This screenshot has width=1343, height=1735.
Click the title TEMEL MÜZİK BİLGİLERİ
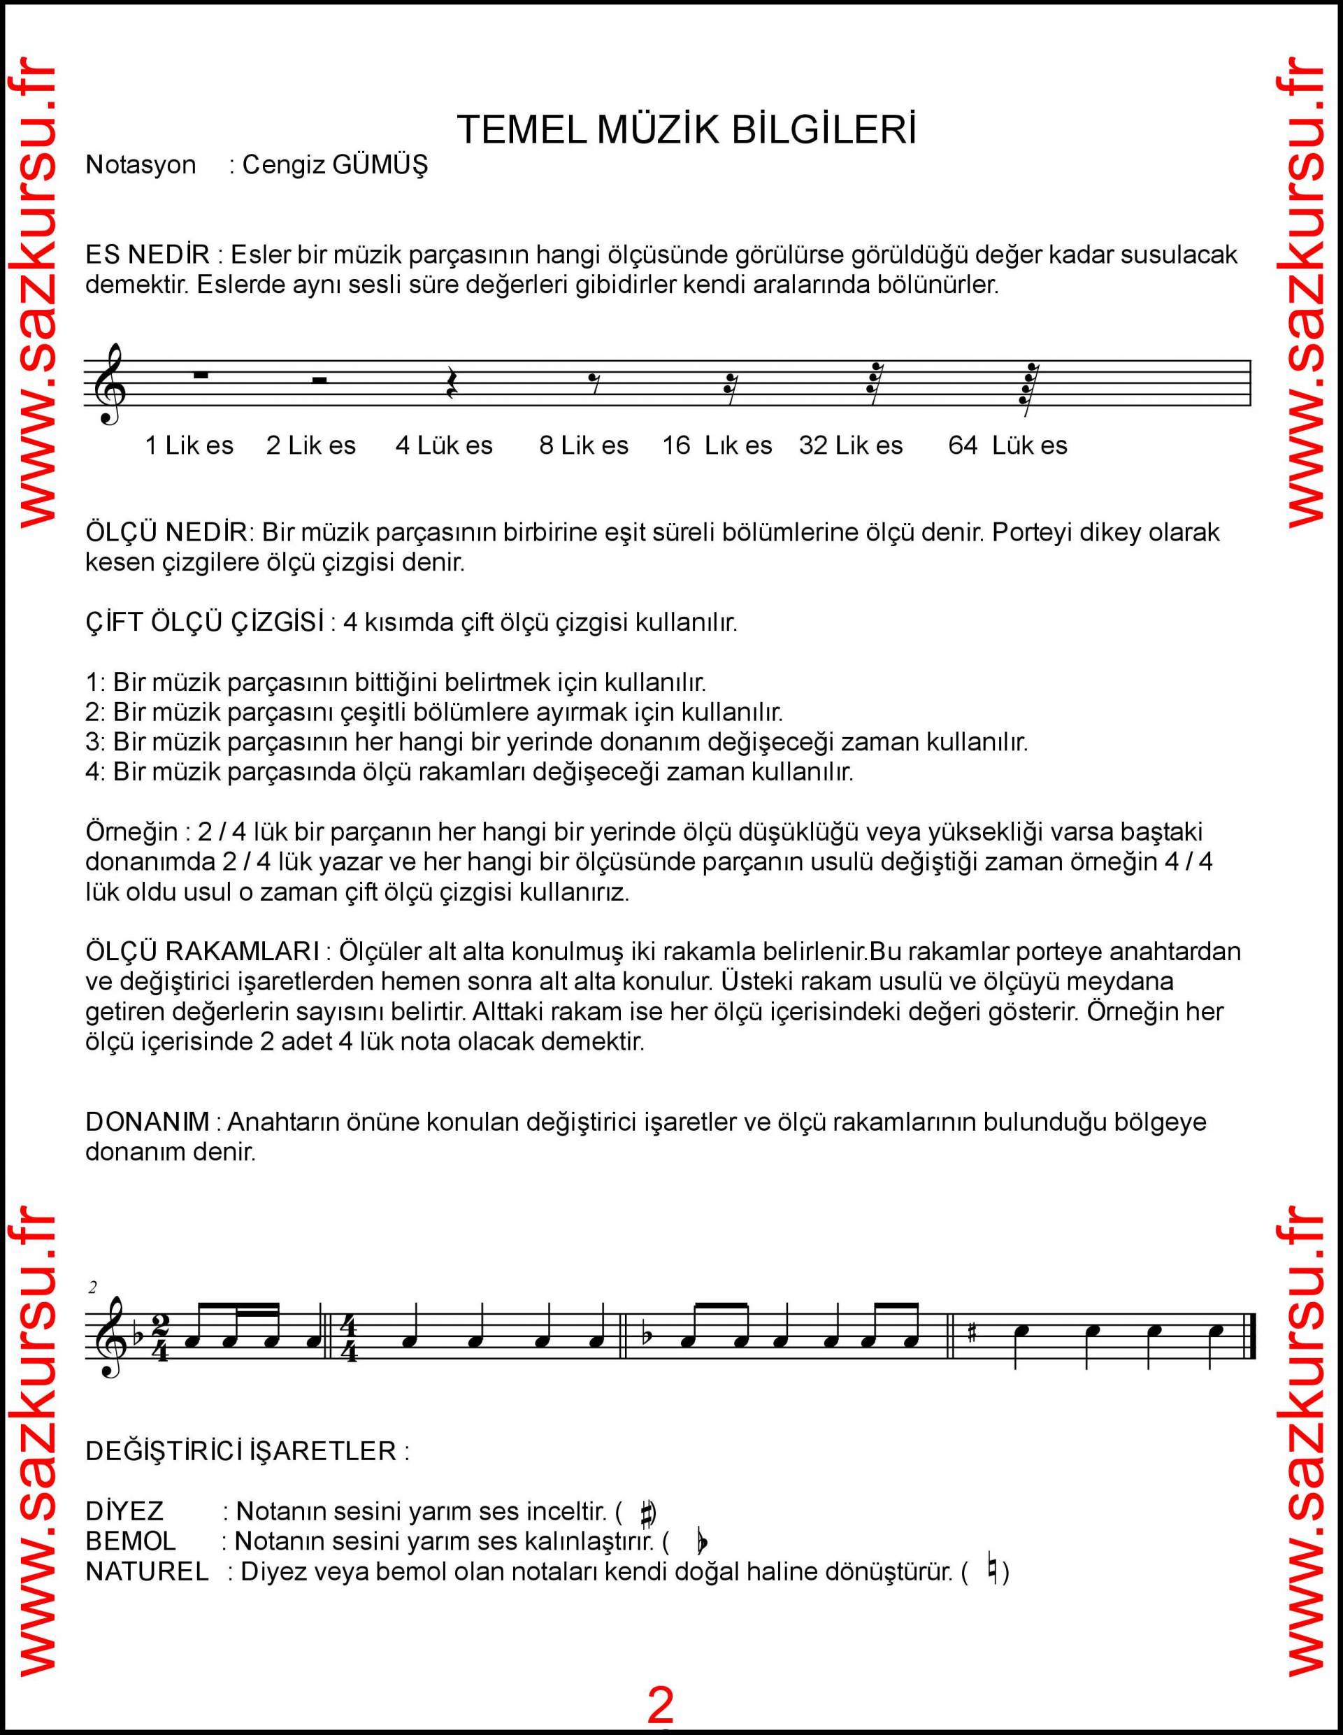pos(687,129)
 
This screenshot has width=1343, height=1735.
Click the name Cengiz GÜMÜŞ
pos(334,164)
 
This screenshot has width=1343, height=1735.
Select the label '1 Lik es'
pos(189,445)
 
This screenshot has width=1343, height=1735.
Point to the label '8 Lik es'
pos(584,445)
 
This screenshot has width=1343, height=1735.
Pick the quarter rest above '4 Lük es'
pos(450,383)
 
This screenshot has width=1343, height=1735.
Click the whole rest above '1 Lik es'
pos(200,376)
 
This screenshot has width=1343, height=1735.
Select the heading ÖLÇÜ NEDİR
pos(167,532)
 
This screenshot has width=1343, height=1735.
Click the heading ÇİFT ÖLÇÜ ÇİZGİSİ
pos(205,622)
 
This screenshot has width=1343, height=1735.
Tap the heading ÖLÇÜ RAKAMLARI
pos(203,952)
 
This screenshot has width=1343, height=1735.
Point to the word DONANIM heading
pos(147,1122)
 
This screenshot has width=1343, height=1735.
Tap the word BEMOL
pos(130,1541)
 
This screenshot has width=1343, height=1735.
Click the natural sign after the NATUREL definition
pos(992,1571)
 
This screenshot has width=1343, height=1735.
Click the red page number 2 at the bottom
pos(661,1704)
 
